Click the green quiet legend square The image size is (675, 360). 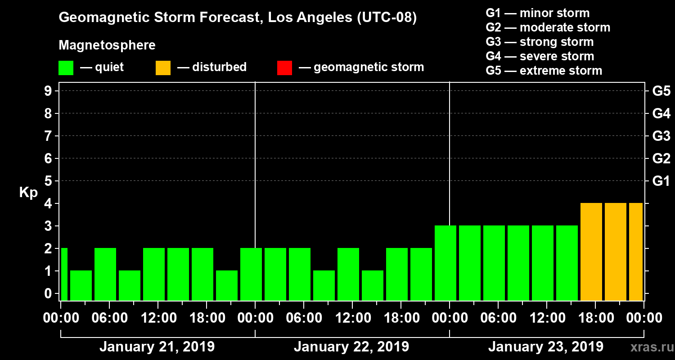coord(66,67)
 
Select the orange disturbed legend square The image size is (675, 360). coord(163,67)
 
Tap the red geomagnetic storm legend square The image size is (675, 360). coord(284,67)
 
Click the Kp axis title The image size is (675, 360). coord(28,193)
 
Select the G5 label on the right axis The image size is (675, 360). coord(661,91)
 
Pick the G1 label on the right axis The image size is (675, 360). coord(661,181)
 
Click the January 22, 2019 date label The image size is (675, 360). coord(351,347)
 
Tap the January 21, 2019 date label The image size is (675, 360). coord(157,347)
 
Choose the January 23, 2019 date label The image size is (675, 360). coord(546,347)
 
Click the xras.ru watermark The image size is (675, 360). coord(649,347)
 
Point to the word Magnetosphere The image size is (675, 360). coord(107,45)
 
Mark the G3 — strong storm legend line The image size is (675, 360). coord(540,42)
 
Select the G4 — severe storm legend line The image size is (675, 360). coord(540,56)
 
